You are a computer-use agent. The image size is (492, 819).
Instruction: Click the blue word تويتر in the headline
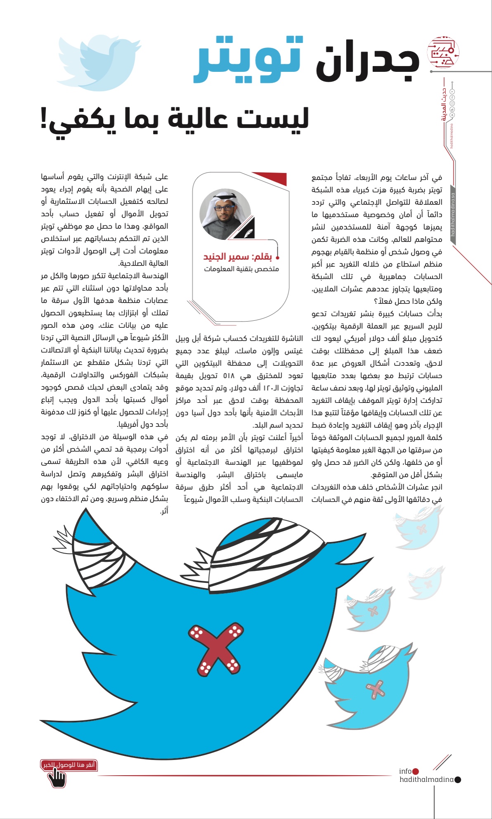[248, 60]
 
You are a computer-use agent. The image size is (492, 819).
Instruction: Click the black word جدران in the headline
[367, 62]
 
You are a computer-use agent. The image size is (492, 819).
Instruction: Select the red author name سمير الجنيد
[226, 257]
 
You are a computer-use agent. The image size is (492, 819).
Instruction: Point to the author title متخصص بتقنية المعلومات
[241, 269]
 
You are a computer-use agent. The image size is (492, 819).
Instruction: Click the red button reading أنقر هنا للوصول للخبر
[69, 765]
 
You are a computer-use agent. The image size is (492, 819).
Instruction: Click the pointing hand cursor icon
[57, 778]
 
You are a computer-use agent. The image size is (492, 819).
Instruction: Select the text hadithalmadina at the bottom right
[426, 779]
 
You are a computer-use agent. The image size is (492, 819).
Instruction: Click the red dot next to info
[416, 771]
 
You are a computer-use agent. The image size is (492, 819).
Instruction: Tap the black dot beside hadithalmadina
[457, 780]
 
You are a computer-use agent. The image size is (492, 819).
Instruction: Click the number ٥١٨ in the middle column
[229, 376]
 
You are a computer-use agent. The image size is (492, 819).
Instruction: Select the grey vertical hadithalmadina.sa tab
[453, 215]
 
